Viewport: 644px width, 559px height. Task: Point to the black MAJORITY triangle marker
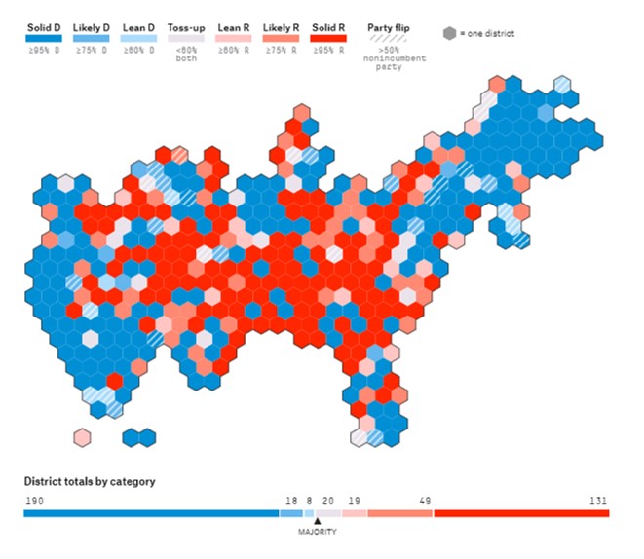point(317,521)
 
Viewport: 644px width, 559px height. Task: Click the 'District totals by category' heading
point(90,481)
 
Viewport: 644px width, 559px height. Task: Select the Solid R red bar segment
point(521,512)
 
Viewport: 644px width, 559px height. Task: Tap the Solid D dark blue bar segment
point(151,512)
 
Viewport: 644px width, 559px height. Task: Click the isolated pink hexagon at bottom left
point(82,436)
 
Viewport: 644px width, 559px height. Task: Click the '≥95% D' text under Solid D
point(44,51)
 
